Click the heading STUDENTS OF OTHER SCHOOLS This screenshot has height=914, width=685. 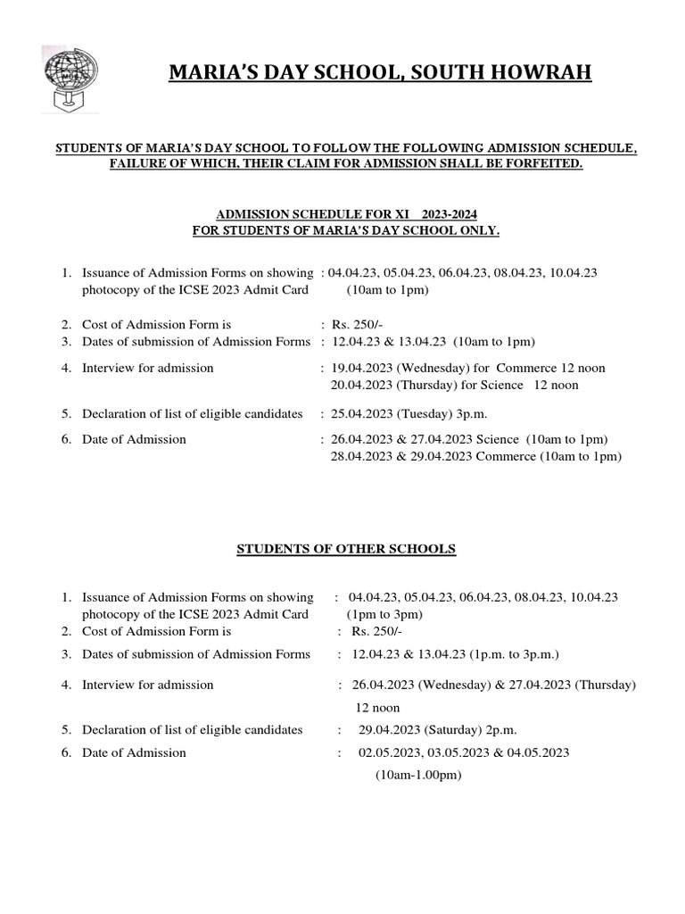346,549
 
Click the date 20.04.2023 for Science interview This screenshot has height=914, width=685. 360,385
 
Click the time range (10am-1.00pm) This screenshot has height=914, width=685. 418,776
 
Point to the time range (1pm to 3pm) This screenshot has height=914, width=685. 384,614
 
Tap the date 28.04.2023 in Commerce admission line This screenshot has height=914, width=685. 360,456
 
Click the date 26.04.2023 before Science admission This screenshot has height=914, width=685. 360,439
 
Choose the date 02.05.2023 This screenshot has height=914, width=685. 390,752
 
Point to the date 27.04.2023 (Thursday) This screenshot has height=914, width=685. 573,685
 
